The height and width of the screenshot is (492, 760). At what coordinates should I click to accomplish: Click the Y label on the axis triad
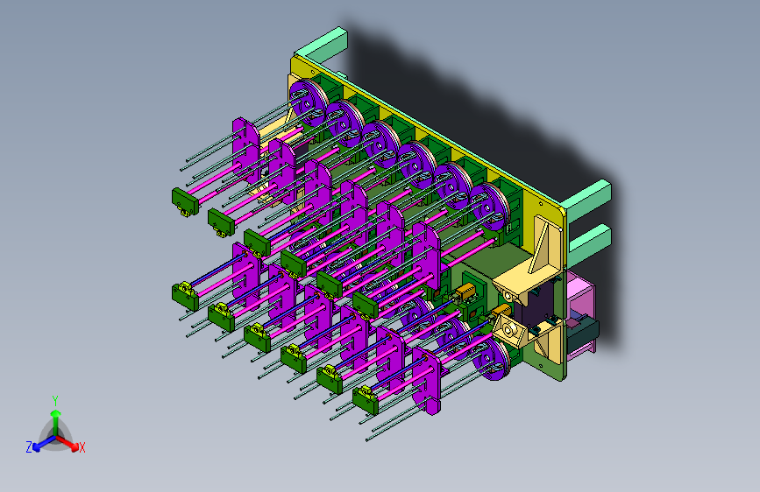point(55,401)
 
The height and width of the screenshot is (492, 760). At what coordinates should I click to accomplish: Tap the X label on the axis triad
point(82,447)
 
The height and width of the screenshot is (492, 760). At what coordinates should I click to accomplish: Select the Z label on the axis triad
point(29,447)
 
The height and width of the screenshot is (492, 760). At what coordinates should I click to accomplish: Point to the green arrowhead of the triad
point(56,413)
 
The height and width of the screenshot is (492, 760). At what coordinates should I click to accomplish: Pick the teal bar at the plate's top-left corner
point(322,44)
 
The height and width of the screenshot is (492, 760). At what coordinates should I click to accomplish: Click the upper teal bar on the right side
point(588,199)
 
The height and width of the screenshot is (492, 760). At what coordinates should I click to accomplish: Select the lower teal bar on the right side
point(589,244)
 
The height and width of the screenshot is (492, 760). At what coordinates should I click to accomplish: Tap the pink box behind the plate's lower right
point(580,315)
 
